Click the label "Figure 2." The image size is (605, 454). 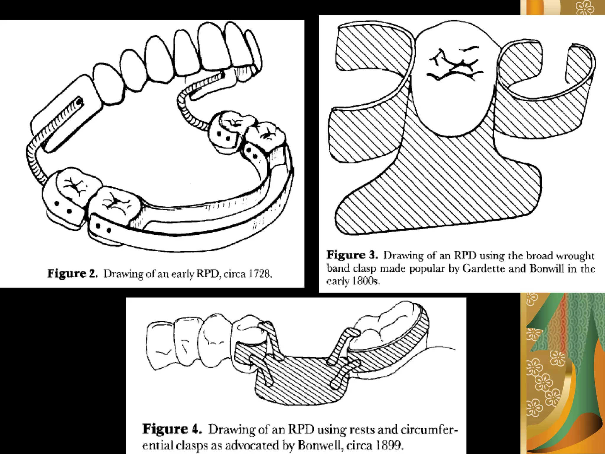[x=73, y=274]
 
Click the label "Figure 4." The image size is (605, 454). [x=172, y=429]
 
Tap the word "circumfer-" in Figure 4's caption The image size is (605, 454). [x=429, y=429]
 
